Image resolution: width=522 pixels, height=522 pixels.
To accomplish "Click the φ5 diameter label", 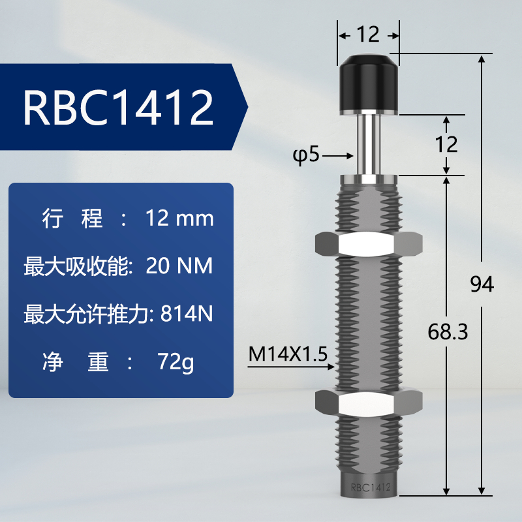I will (x=305, y=157).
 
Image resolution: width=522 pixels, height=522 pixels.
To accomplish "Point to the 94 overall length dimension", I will (x=482, y=284).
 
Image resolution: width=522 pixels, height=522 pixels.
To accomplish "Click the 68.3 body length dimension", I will (x=448, y=333).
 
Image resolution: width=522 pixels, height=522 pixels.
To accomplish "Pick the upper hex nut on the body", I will (x=369, y=243).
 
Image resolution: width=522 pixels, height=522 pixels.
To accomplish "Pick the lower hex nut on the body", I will (x=369, y=402).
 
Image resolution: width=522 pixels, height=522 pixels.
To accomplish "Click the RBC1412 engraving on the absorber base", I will (x=370, y=487).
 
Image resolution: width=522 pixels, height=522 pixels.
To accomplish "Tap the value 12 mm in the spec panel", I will (x=177, y=219).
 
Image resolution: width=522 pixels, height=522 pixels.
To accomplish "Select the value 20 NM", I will (x=179, y=267).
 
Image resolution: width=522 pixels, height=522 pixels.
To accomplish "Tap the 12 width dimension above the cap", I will (x=369, y=34).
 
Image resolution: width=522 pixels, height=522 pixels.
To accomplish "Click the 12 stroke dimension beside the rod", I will (x=447, y=144).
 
